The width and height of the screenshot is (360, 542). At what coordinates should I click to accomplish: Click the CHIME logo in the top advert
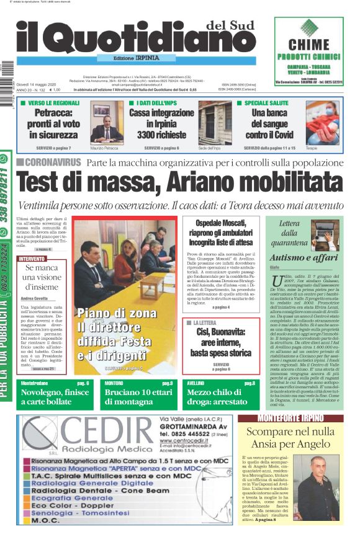coord(308,44)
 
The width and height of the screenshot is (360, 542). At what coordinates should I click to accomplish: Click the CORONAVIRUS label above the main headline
coord(51,162)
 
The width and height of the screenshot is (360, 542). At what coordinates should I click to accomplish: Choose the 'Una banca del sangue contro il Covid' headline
coord(268,123)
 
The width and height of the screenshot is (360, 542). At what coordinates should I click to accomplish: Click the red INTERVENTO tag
coord(32,258)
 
